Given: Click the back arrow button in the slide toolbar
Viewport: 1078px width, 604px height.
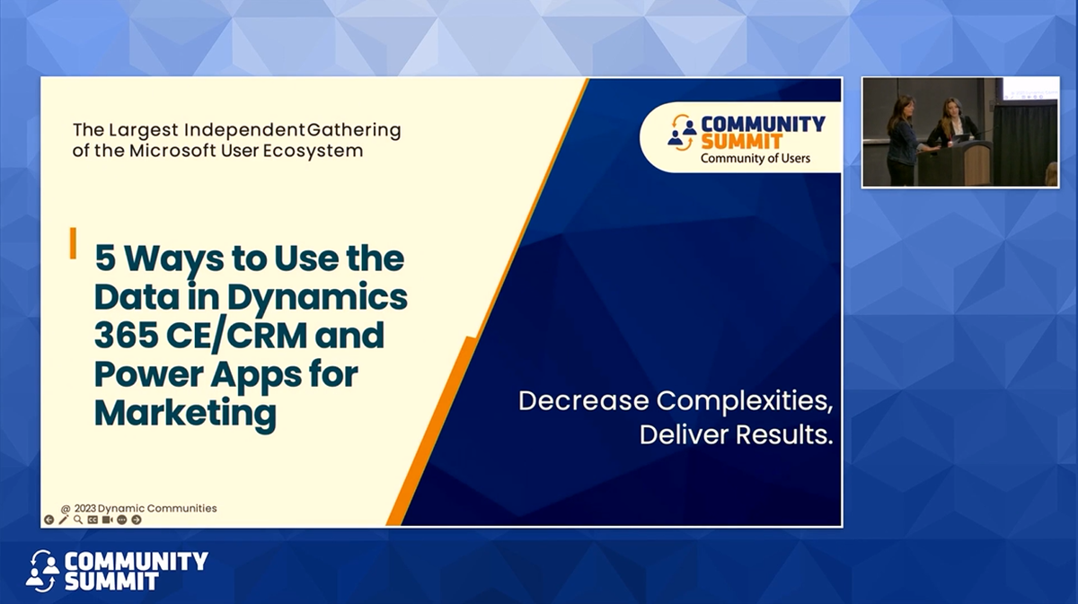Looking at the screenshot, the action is (49, 520).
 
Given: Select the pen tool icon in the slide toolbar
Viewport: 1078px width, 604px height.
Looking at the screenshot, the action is (63, 520).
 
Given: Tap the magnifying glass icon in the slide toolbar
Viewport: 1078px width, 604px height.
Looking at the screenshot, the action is (78, 520).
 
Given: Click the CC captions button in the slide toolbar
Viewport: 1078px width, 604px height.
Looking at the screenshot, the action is (93, 520).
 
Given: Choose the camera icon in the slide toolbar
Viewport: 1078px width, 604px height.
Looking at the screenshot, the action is (107, 520).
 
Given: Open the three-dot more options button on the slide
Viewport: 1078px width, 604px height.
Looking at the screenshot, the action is (122, 520).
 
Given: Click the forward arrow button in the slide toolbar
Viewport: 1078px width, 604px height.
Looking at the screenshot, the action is (137, 520).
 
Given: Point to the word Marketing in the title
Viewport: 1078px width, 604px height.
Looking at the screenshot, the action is (185, 414).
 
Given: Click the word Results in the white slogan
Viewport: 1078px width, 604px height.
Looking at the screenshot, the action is (784, 434).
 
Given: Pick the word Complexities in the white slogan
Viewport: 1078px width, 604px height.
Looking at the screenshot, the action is (745, 400).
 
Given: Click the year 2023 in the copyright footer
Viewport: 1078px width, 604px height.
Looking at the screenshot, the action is (85, 508).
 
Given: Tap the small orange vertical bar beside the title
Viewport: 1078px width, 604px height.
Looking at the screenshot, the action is (73, 243).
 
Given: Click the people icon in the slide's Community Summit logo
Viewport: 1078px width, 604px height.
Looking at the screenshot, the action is (683, 132).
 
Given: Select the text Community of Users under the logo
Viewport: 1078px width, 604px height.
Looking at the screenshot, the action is (755, 158).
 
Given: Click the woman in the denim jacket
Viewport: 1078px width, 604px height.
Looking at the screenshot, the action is (901, 141).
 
